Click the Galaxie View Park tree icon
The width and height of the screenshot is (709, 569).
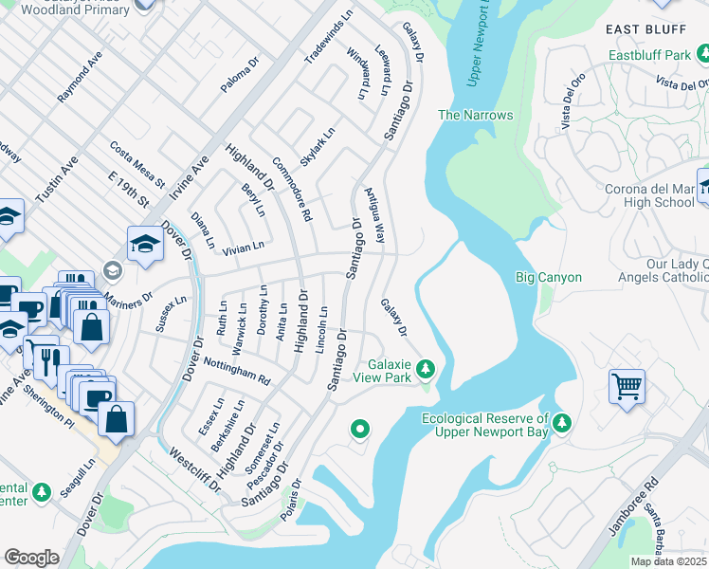427,367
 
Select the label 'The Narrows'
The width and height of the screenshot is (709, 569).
475,116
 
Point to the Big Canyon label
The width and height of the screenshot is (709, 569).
548,278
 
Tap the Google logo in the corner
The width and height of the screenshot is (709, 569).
31,557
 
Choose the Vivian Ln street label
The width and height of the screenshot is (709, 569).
243,248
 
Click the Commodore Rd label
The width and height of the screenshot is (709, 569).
292,189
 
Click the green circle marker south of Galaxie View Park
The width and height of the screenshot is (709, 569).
359,431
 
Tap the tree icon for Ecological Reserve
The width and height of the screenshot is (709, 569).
564,422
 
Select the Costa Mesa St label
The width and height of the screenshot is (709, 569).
137,163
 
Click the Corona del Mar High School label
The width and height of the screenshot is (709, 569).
650,195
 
